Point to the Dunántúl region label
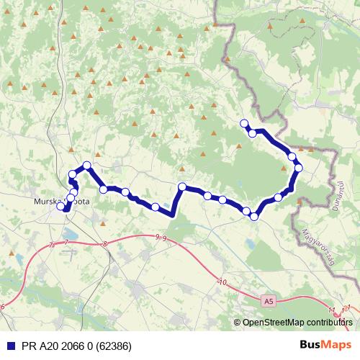[x=336, y=194]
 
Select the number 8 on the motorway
[x=104, y=244]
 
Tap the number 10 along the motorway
[x=222, y=282]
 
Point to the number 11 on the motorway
[x=331, y=310]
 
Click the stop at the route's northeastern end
[x=244, y=123]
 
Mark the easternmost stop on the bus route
[x=299, y=168]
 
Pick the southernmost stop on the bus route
[x=254, y=216]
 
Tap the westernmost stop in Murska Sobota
[x=63, y=207]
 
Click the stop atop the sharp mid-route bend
[x=182, y=186]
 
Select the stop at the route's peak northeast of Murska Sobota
[x=87, y=166]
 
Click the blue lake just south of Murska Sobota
[x=70, y=233]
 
